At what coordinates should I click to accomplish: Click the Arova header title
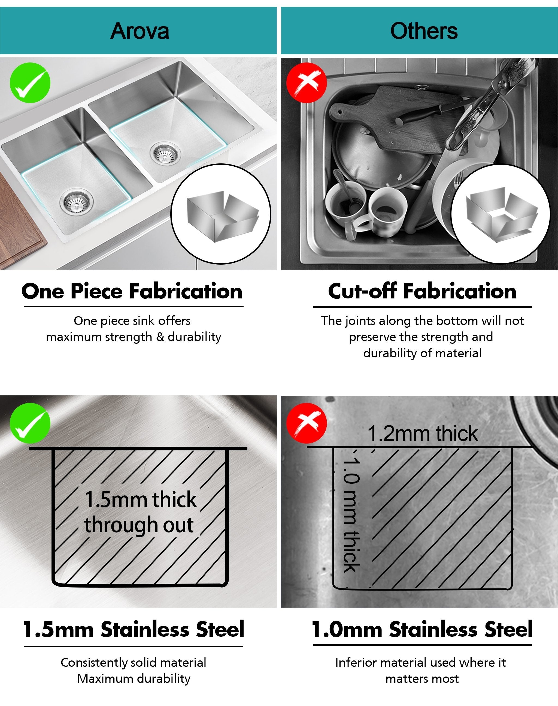[x=139, y=31]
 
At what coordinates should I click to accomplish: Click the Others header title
[x=424, y=31]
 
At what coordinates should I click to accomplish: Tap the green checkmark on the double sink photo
[x=30, y=83]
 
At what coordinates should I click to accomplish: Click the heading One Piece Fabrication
[x=132, y=291]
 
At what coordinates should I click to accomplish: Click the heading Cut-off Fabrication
[x=422, y=291]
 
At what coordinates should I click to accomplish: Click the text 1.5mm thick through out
[x=141, y=512]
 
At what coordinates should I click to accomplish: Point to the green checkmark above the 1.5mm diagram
[x=30, y=423]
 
